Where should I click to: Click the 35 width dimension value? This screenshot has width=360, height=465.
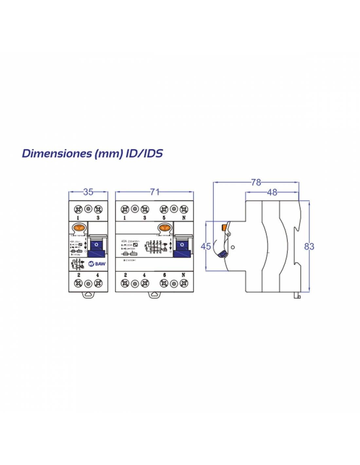(x=88, y=192)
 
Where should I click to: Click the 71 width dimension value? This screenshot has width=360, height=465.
(x=154, y=192)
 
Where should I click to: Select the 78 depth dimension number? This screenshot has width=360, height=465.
(x=256, y=182)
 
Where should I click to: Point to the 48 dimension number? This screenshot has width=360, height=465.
(x=272, y=192)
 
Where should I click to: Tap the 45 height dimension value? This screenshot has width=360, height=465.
(x=206, y=246)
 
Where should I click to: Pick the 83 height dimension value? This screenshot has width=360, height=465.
(x=309, y=246)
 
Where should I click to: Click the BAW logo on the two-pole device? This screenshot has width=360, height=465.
(x=97, y=264)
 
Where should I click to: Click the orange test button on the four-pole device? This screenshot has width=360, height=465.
(x=164, y=228)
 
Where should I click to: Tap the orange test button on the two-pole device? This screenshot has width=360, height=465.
(x=79, y=228)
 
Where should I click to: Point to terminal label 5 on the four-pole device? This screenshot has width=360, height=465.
(x=164, y=218)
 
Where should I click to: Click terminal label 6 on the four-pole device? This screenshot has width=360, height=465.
(x=164, y=275)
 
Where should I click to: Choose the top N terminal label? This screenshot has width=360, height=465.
(x=184, y=218)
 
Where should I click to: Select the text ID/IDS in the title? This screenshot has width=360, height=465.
(x=144, y=153)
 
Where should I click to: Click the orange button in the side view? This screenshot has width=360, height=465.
(x=225, y=227)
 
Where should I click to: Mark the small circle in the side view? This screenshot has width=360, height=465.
(x=232, y=247)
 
